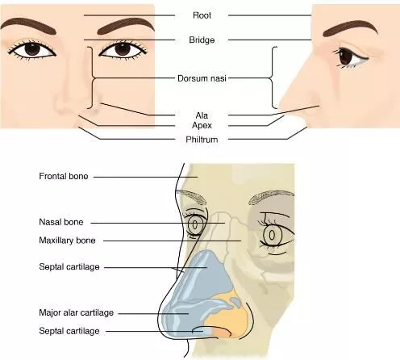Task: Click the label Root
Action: (202, 15)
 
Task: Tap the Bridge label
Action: (202, 40)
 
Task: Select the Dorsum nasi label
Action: (202, 78)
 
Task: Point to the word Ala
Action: (202, 115)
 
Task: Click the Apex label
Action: (202, 125)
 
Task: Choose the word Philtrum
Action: (202, 140)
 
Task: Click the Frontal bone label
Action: (64, 176)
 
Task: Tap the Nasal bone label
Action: (61, 222)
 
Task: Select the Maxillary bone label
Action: (67, 241)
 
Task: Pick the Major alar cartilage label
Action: (77, 312)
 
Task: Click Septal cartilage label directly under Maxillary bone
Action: (69, 267)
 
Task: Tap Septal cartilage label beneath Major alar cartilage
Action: (69, 331)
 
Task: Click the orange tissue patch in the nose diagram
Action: (228, 317)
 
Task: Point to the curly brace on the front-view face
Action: (93, 77)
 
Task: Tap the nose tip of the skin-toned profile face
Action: (280, 106)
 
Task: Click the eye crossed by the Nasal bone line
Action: (195, 224)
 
